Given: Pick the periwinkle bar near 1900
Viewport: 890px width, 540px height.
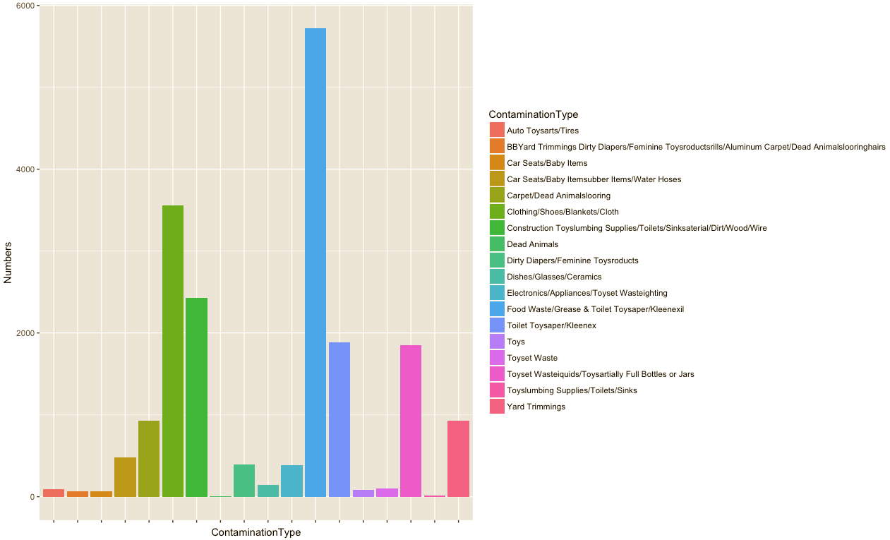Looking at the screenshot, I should pyautogui.click(x=339, y=419).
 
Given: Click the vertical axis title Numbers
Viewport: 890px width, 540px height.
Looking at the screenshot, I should pyautogui.click(x=8, y=263).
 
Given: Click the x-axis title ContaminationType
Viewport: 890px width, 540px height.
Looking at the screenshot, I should pyautogui.click(x=255, y=533).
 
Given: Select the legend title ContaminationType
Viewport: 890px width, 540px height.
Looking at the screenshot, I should pyautogui.click(x=533, y=114).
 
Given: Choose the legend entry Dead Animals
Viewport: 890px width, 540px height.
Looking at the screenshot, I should pyautogui.click(x=532, y=244).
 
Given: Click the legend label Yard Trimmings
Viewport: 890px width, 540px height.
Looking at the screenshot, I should pyautogui.click(x=536, y=407).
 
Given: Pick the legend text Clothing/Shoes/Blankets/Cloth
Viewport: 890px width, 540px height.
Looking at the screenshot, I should pyautogui.click(x=563, y=212).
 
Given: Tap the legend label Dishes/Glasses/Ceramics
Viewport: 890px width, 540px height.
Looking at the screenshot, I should pyautogui.click(x=554, y=277).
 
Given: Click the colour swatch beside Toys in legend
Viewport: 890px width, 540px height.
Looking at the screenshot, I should pyautogui.click(x=497, y=342).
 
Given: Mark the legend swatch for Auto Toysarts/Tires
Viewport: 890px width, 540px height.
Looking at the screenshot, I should pyautogui.click(x=497, y=131).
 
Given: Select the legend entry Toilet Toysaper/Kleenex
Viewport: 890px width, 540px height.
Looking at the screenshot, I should pyautogui.click(x=551, y=325).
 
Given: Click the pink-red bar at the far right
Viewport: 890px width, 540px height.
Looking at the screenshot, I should pyautogui.click(x=458, y=459).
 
